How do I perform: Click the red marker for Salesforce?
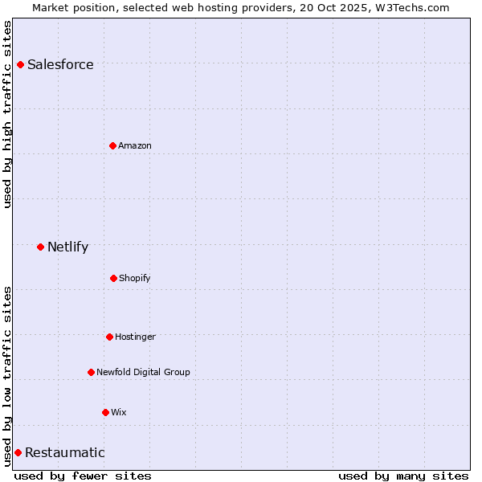[x=20, y=64]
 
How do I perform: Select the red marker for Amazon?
[x=113, y=145]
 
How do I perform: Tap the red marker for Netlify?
[x=40, y=247]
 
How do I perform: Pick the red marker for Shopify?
[x=113, y=278]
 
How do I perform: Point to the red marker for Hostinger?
[x=109, y=337]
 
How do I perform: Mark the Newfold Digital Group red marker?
[x=91, y=372]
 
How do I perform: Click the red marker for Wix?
[x=105, y=412]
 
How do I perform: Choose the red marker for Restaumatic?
[x=18, y=452]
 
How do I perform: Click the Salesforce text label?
[x=60, y=65]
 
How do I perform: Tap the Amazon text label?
[x=135, y=146]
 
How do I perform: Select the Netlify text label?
[x=67, y=247]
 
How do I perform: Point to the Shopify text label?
[x=135, y=279]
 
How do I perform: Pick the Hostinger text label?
[x=135, y=337]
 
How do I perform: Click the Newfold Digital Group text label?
[x=143, y=373]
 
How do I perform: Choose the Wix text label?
[x=119, y=413]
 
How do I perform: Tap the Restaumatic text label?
[x=64, y=453]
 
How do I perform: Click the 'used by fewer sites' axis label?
[x=83, y=476]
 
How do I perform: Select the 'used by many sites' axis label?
[x=403, y=476]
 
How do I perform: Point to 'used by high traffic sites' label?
[x=7, y=114]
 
